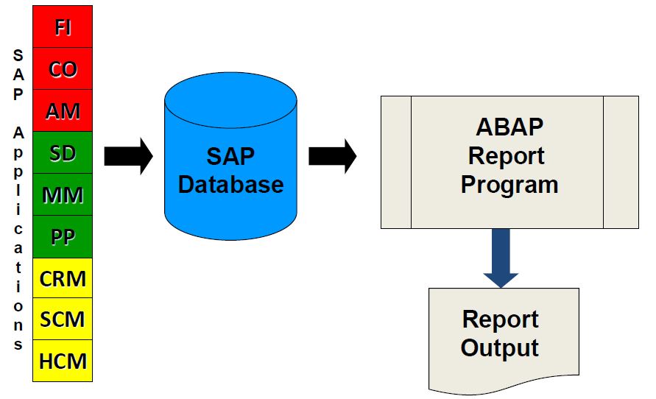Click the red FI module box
point(63,27)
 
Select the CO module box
point(63,69)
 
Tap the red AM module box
point(63,111)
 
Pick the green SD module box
point(63,153)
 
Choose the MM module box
point(63,195)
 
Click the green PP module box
point(63,236)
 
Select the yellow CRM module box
point(63,278)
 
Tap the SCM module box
point(63,319)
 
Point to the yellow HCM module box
point(63,361)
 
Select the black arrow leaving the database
point(332,156)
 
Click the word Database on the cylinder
point(230,183)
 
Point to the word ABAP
point(509,127)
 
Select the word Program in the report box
point(509,183)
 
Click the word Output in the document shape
point(500,347)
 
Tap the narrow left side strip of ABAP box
point(395,162)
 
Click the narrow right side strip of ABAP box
point(621,162)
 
